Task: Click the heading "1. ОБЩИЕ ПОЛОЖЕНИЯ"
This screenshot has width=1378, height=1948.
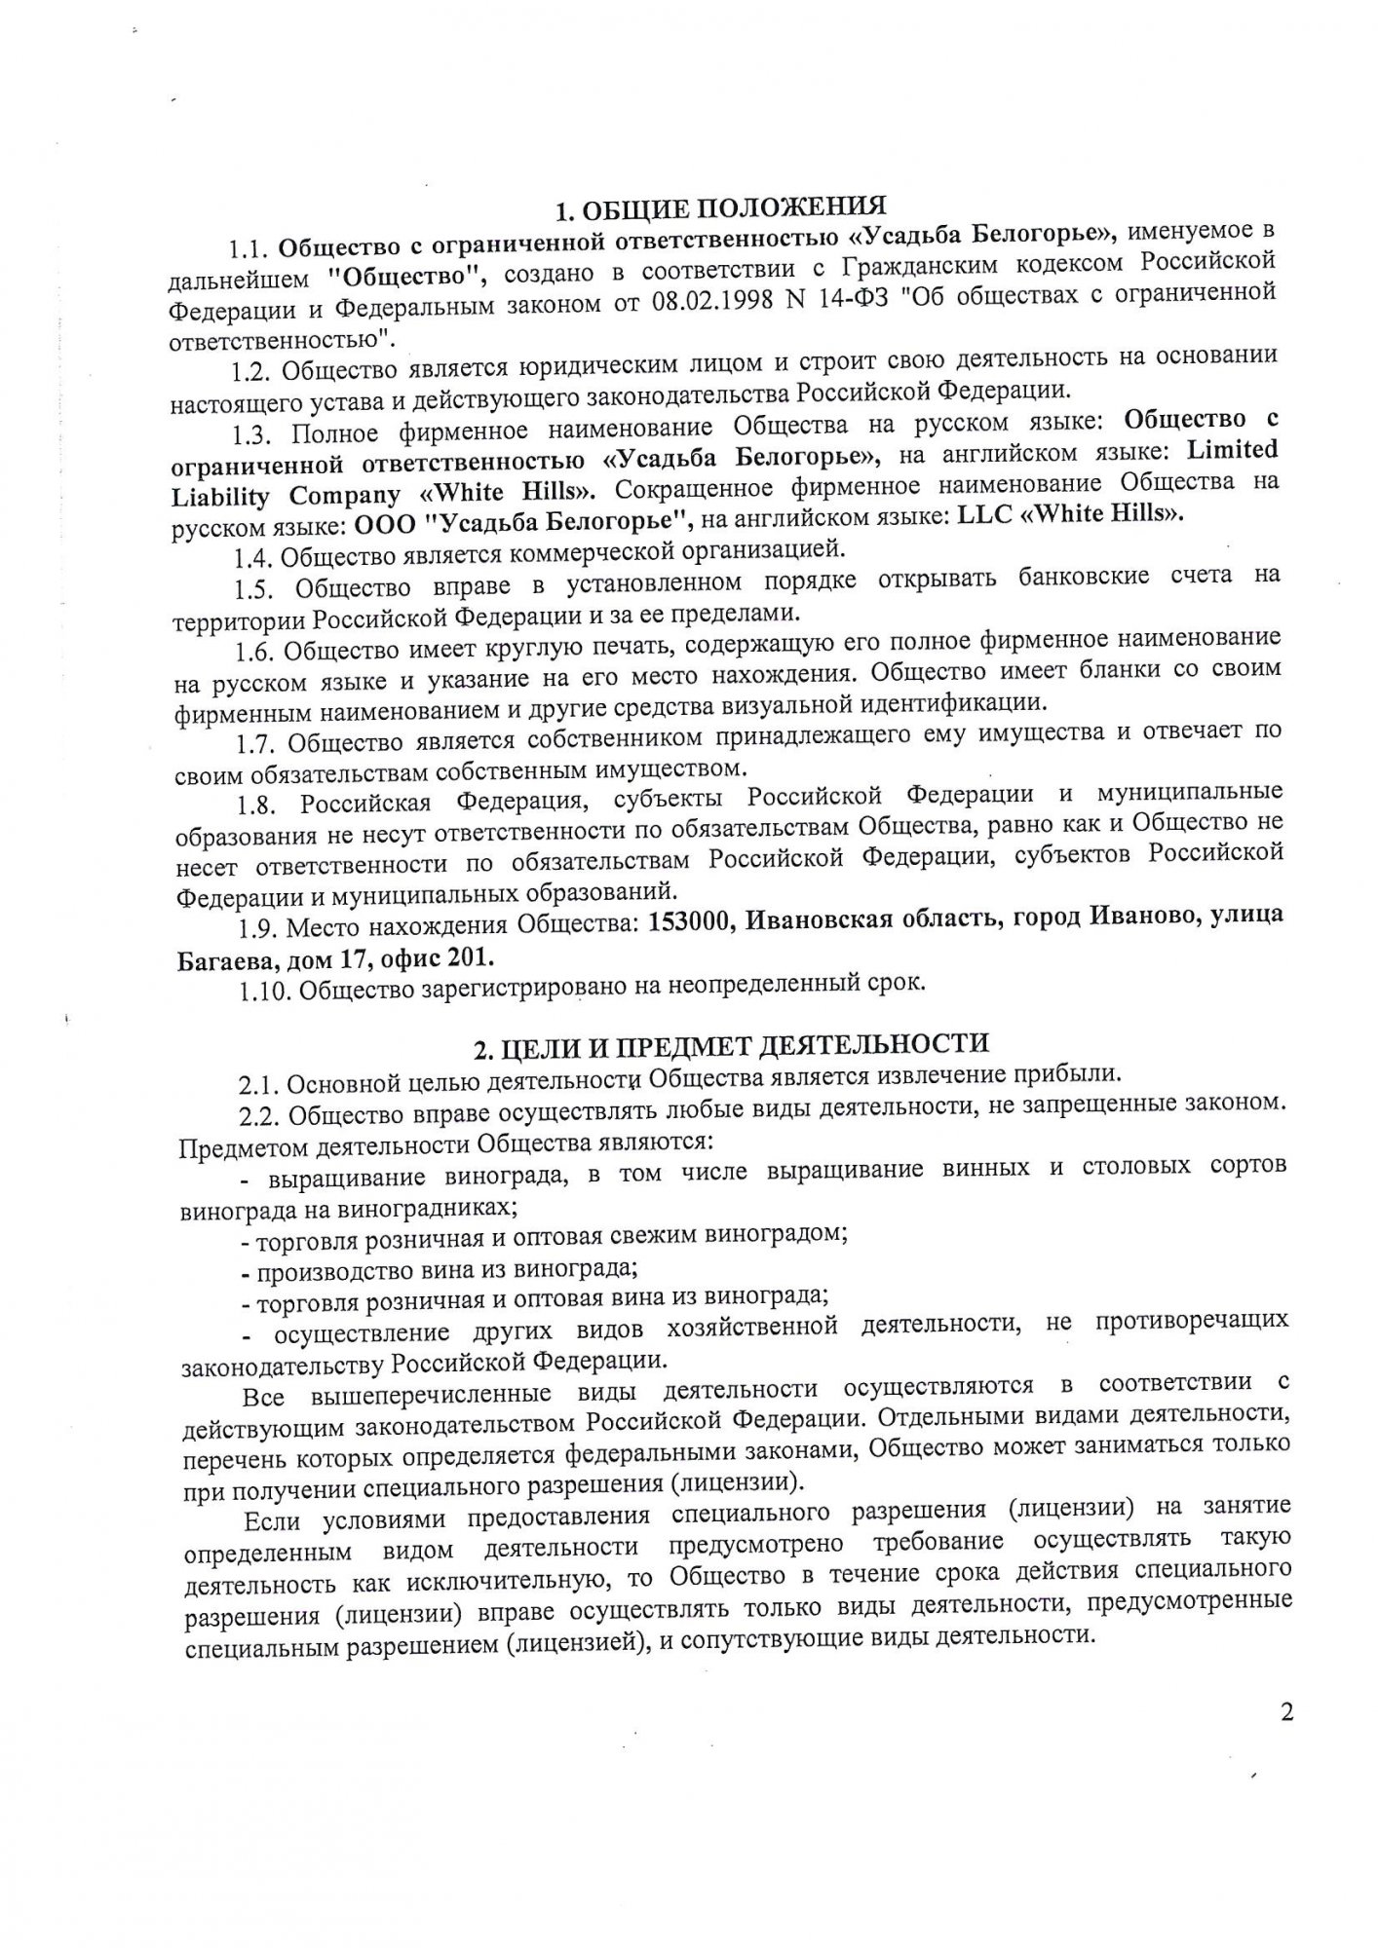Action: [x=720, y=206]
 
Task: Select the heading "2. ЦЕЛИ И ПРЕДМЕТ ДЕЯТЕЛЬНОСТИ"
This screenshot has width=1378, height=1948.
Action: [x=731, y=1046]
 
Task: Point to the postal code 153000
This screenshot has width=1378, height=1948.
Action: [x=691, y=920]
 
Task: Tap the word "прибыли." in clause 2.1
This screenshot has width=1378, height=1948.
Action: [x=1065, y=1074]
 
